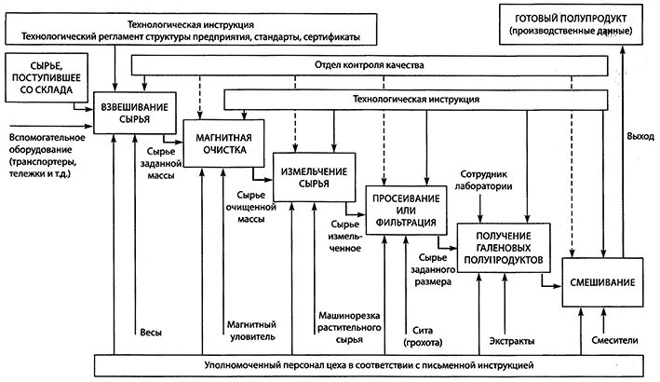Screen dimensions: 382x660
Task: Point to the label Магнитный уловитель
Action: pos(250,330)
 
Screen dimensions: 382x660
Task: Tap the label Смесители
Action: pos(614,340)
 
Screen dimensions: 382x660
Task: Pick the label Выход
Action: pos(640,136)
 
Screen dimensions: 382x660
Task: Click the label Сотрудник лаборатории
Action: pos(495,180)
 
